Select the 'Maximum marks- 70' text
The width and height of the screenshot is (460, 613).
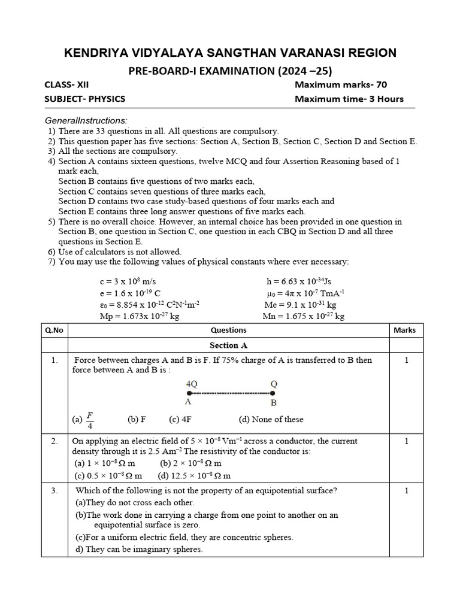tap(341, 85)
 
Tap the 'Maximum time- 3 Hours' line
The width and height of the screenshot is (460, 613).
tap(349, 99)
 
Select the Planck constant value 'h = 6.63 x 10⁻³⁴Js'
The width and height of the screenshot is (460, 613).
tap(302, 281)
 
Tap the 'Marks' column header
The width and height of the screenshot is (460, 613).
tap(404, 330)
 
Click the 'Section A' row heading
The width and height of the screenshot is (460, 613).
tap(228, 345)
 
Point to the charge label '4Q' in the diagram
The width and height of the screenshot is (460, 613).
tap(192, 383)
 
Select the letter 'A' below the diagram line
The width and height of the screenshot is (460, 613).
tap(188, 403)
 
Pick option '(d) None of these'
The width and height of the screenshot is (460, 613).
tap(271, 420)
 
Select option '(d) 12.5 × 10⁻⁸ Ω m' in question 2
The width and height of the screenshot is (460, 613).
tap(194, 475)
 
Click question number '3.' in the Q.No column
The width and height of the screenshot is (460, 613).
tap(54, 491)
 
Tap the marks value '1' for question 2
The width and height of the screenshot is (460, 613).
tap(406, 441)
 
